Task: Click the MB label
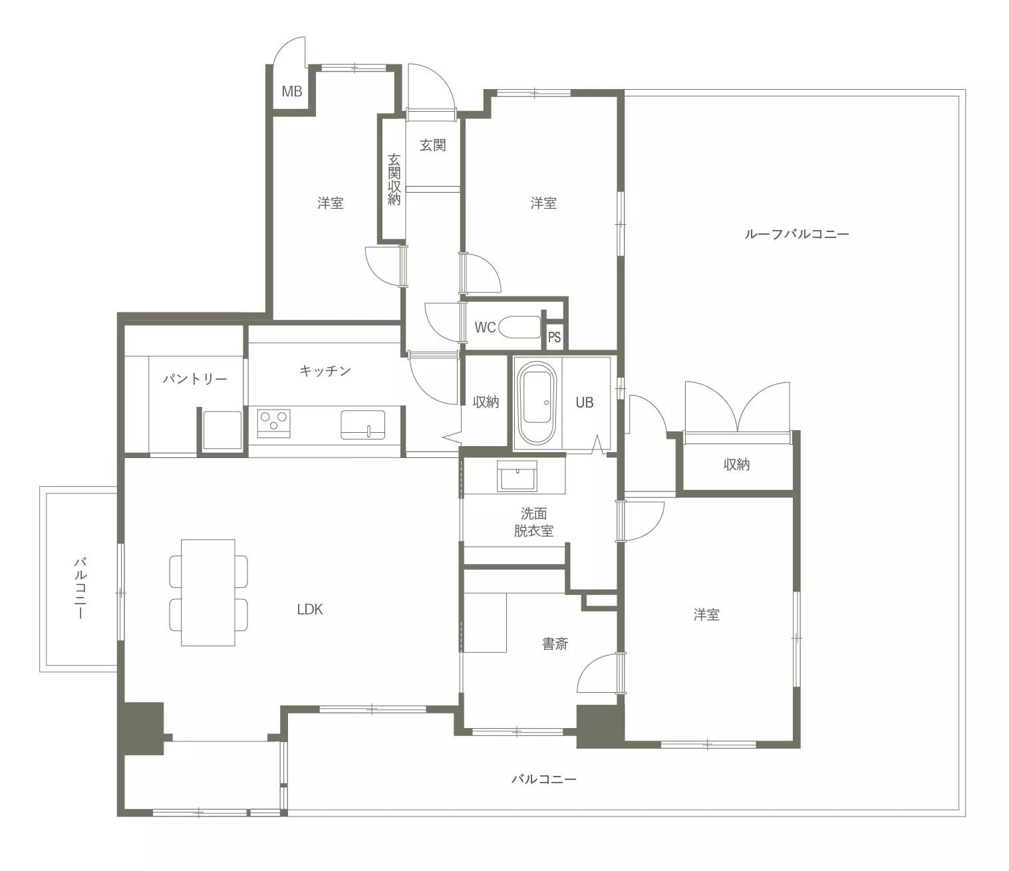click(292, 91)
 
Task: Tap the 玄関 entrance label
click(432, 145)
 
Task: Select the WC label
click(486, 327)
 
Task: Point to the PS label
click(555, 337)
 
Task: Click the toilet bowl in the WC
click(519, 327)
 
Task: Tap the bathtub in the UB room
click(537, 402)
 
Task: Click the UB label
click(584, 402)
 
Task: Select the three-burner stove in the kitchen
click(273, 423)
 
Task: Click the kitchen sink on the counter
click(362, 424)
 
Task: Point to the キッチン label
click(325, 371)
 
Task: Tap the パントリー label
click(195, 379)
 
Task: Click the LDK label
click(310, 609)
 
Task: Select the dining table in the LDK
click(208, 592)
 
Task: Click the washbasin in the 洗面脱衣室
click(517, 476)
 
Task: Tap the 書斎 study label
click(555, 644)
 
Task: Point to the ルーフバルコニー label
click(797, 234)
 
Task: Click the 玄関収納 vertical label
click(394, 180)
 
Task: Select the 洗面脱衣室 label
click(533, 522)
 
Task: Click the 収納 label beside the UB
click(486, 402)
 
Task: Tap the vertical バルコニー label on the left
click(80, 588)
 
